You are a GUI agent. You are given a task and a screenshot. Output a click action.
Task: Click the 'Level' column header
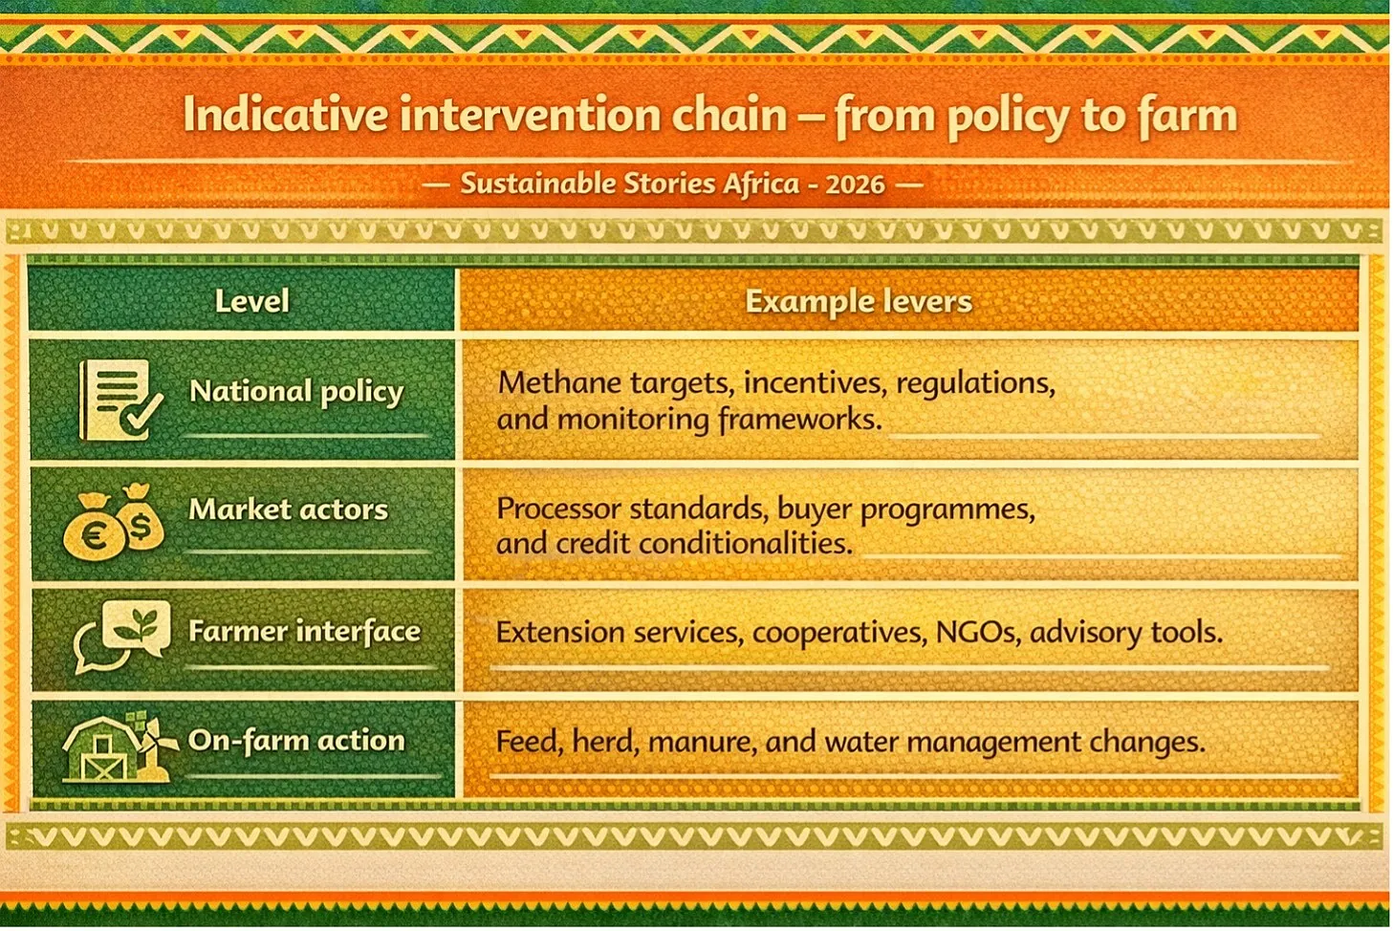click(251, 301)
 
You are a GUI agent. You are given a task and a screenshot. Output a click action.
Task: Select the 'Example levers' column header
click(859, 302)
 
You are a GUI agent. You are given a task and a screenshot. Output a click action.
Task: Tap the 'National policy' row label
click(296, 393)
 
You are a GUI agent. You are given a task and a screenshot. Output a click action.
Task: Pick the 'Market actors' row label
click(288, 509)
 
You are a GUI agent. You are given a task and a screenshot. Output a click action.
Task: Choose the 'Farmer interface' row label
click(304, 631)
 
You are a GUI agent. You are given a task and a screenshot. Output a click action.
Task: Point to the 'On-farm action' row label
click(296, 740)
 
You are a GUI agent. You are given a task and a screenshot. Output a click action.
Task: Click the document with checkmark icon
click(120, 400)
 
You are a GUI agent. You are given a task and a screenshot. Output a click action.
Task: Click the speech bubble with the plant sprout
click(136, 627)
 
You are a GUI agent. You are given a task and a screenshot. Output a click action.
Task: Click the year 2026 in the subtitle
click(855, 184)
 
